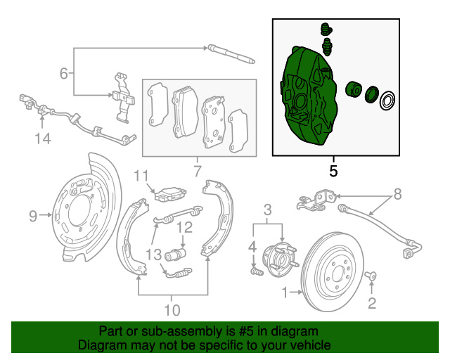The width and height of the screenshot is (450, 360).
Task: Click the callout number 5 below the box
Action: pos(333,170)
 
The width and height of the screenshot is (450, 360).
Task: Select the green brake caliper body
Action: pos(307,98)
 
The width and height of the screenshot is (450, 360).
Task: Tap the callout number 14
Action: pos(43,139)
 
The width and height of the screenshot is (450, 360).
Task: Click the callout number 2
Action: pos(372,303)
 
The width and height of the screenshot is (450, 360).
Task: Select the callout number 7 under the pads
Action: pos(197,170)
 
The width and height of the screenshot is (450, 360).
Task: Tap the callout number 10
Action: pos(172,309)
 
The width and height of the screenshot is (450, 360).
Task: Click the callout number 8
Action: pos(397,193)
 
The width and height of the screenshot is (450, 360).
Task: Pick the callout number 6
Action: pos(64,73)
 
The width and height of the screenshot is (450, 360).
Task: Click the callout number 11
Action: pos(142,176)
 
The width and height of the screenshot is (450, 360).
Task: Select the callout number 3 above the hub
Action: pos(268,209)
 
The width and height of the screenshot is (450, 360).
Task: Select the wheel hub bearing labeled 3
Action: pos(276,257)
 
